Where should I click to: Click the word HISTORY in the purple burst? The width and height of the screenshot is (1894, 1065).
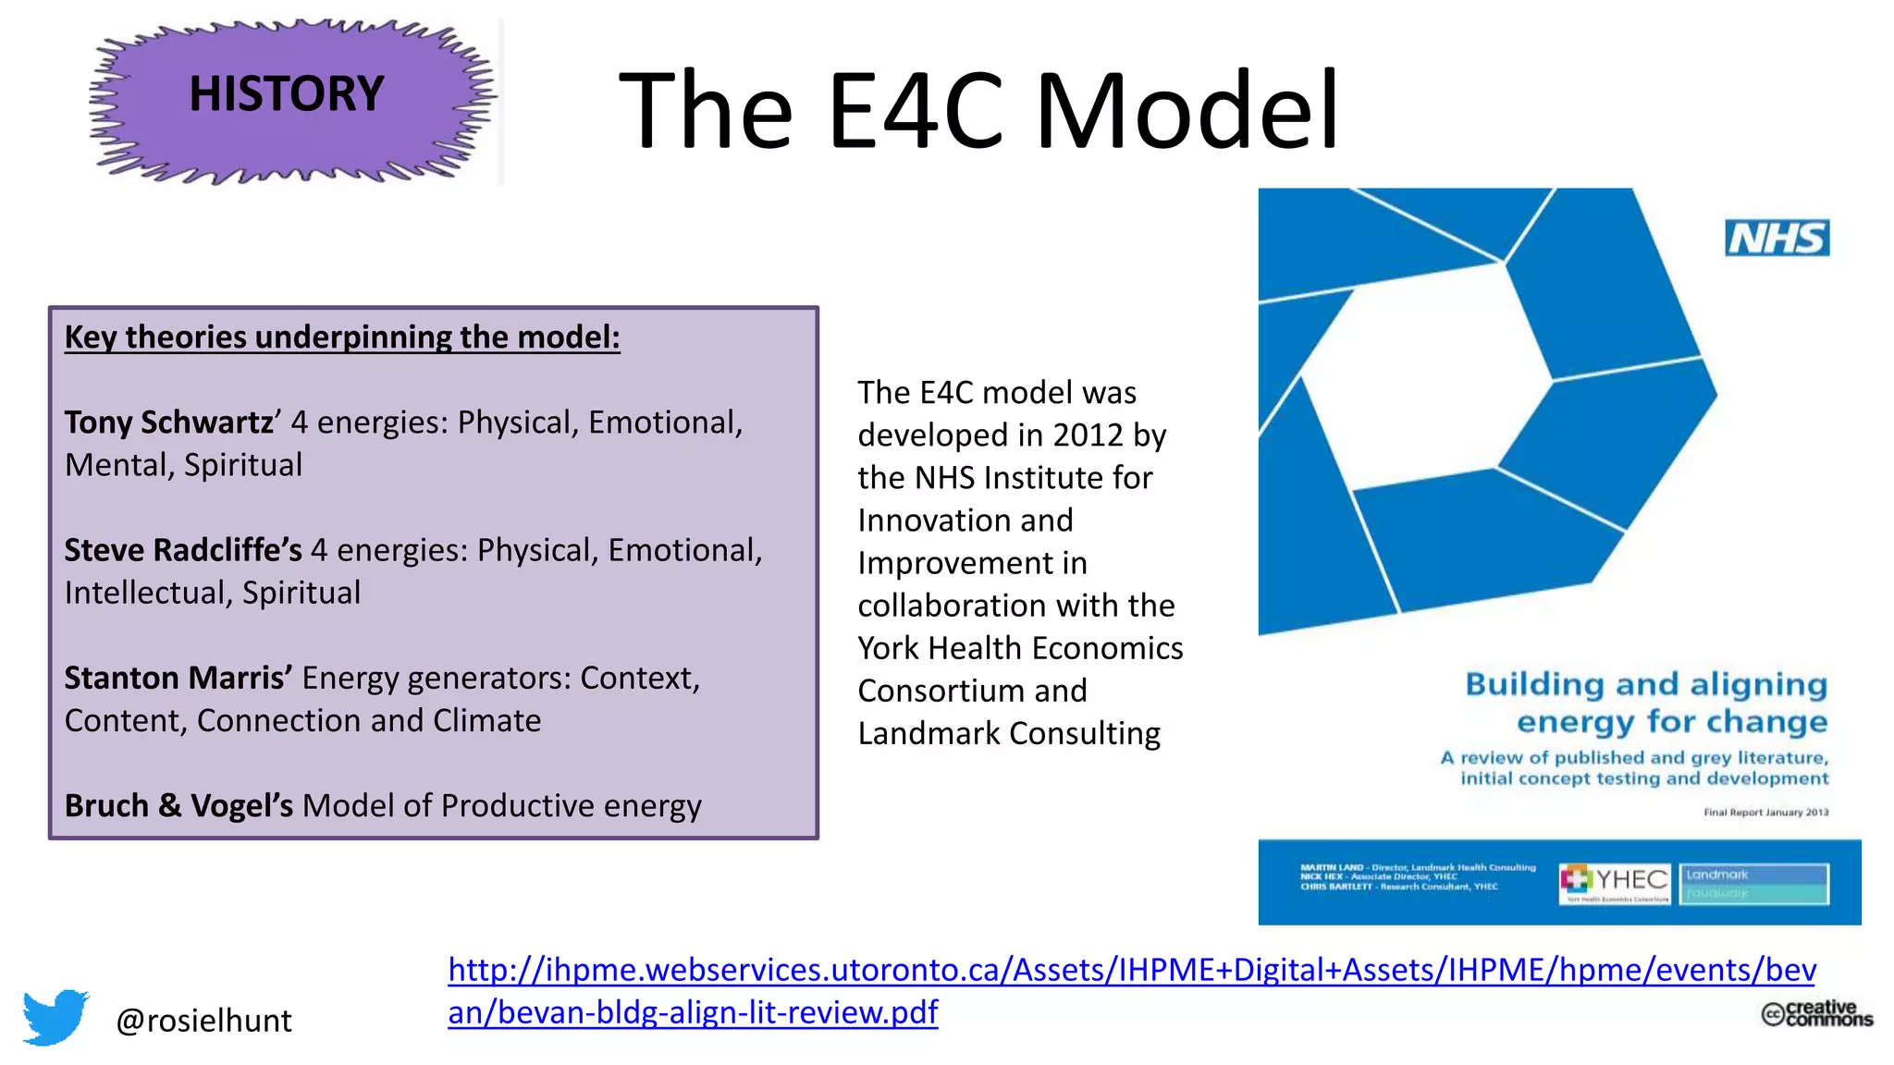(286, 93)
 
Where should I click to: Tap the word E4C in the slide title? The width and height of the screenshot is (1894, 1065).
(915, 111)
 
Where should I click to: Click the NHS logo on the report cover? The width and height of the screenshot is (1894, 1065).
(1777, 239)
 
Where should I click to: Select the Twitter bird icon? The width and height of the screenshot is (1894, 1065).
(55, 1017)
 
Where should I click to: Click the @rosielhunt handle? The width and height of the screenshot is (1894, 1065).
(203, 1021)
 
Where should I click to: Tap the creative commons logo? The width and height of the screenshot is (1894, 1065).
(1816, 1013)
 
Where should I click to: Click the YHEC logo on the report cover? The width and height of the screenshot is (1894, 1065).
(1615, 882)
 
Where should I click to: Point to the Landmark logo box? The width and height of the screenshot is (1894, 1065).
(1753, 883)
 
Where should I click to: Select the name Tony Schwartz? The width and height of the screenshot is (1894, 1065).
(168, 422)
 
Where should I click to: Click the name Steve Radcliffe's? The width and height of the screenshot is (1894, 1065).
(183, 550)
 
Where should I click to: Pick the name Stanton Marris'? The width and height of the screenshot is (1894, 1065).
(178, 679)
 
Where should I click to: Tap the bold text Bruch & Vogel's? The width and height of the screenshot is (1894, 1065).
(178, 806)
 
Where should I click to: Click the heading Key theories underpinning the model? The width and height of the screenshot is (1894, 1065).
(342, 337)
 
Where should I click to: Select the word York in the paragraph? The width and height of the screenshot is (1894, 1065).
(888, 649)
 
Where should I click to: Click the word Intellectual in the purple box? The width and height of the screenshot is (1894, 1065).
(148, 593)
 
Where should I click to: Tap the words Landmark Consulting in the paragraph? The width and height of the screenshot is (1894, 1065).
(1008, 734)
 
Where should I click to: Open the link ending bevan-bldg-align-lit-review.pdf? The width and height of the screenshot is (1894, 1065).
(693, 1012)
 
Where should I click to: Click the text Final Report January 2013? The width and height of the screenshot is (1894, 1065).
(1765, 813)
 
